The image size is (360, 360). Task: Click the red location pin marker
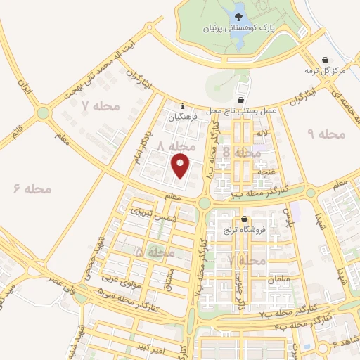coord(181,166)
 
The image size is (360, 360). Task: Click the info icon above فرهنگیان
coord(182,106)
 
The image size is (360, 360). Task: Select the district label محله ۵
coord(155,251)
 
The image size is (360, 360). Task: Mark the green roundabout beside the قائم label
coord(44,112)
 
